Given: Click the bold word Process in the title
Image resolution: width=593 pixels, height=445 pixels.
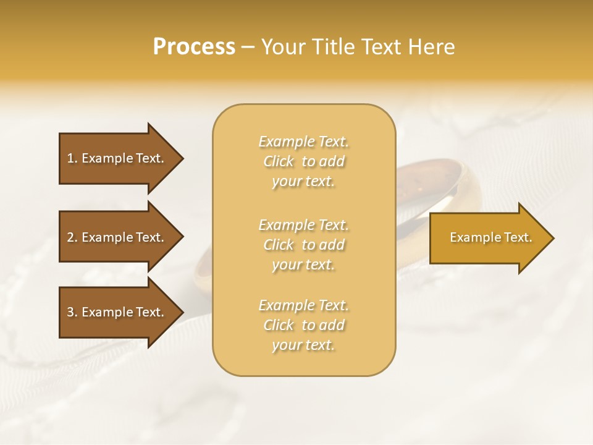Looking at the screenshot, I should pyautogui.click(x=194, y=47).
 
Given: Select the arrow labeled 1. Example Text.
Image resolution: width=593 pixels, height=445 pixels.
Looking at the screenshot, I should pyautogui.click(x=117, y=158).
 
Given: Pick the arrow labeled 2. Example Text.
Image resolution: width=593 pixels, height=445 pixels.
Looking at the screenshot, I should pyautogui.click(x=117, y=237).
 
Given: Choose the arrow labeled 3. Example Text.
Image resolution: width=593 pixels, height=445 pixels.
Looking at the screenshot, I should pyautogui.click(x=117, y=312).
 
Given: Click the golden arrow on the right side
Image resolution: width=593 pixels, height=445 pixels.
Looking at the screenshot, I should pyautogui.click(x=488, y=238).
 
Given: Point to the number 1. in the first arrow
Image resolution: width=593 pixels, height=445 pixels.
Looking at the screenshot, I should pyautogui.click(x=72, y=158).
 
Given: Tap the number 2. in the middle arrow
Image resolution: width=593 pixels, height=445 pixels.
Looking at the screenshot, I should pyautogui.click(x=72, y=237).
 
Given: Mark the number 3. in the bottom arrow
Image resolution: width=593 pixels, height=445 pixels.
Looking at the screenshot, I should pyautogui.click(x=72, y=312).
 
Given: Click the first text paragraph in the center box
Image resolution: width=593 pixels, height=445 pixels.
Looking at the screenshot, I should pyautogui.click(x=304, y=161).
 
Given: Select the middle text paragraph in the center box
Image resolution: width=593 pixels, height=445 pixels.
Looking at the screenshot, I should pyautogui.click(x=304, y=245).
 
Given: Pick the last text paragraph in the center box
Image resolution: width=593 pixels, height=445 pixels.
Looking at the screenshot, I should pyautogui.click(x=304, y=325).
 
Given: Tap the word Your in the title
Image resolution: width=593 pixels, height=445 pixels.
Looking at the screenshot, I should pyautogui.click(x=282, y=47).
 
